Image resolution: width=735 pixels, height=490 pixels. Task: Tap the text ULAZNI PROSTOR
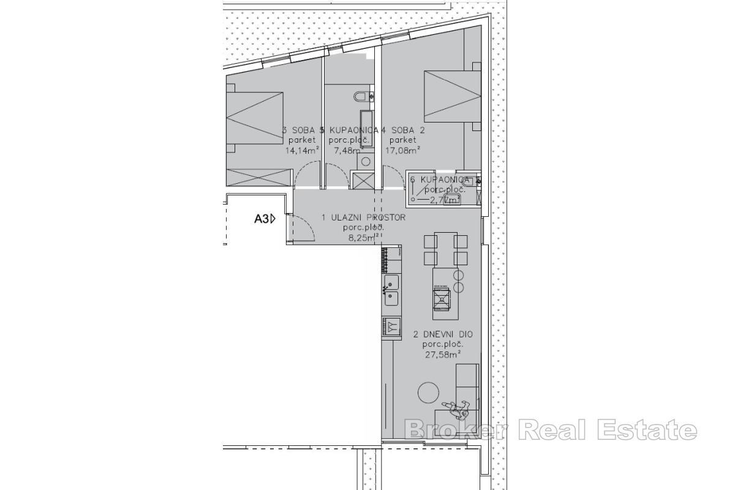tap(364, 217)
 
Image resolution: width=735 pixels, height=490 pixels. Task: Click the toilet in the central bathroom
tap(361, 96)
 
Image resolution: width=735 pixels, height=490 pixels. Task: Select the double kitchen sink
tap(391, 290)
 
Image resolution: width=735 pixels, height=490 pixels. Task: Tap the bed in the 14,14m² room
tap(254, 116)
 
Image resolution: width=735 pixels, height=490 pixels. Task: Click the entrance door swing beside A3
tap(301, 228)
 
